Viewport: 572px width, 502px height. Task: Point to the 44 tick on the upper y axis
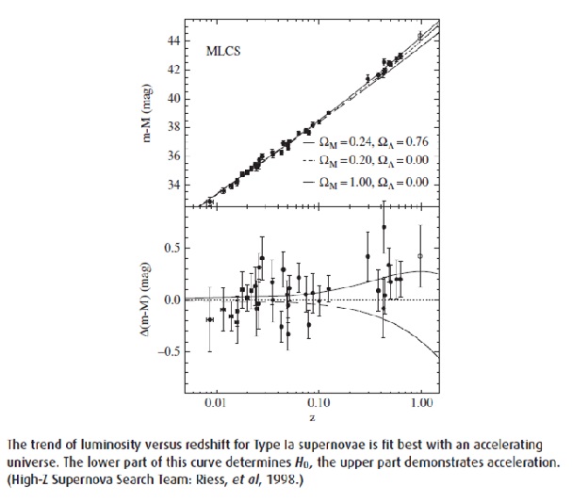173,41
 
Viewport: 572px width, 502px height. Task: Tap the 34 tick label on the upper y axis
173,184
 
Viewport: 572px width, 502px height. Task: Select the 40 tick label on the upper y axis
173,99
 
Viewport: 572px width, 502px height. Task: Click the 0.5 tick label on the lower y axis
171,249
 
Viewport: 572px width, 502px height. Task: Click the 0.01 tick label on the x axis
215,401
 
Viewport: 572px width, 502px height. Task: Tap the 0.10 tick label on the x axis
318,401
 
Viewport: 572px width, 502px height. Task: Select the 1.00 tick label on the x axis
420,401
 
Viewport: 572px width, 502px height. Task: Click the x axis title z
314,415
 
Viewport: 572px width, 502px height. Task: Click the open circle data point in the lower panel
420,256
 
